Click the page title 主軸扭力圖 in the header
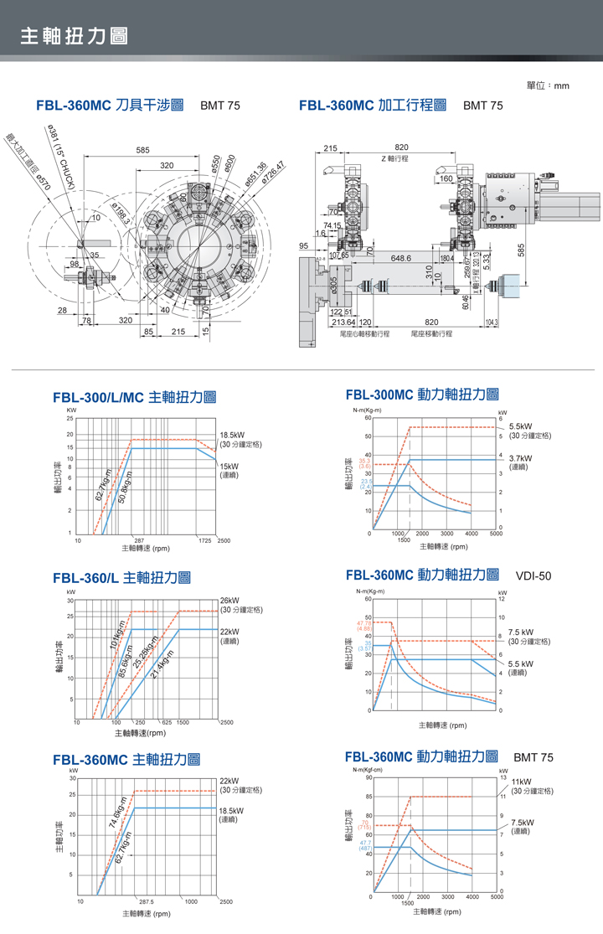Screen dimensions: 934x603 pos(74,36)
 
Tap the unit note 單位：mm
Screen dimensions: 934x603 pos(548,85)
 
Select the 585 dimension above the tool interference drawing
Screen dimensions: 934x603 pos(142,150)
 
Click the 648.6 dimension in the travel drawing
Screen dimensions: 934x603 pos(400,258)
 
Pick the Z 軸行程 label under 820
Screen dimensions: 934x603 pos(394,158)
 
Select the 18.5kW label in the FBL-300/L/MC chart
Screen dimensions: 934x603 pos(231,436)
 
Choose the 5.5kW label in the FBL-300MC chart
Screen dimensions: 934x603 pos(520,426)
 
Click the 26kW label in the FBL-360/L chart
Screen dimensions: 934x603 pos(229,600)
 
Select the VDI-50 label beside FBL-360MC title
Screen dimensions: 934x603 pos(533,575)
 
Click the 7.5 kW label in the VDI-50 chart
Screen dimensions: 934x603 pos(521,632)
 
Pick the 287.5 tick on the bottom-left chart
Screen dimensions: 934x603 pos(146,902)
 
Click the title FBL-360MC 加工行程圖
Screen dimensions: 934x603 pos(372,106)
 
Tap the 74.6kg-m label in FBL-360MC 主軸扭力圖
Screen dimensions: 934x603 pos(117,812)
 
